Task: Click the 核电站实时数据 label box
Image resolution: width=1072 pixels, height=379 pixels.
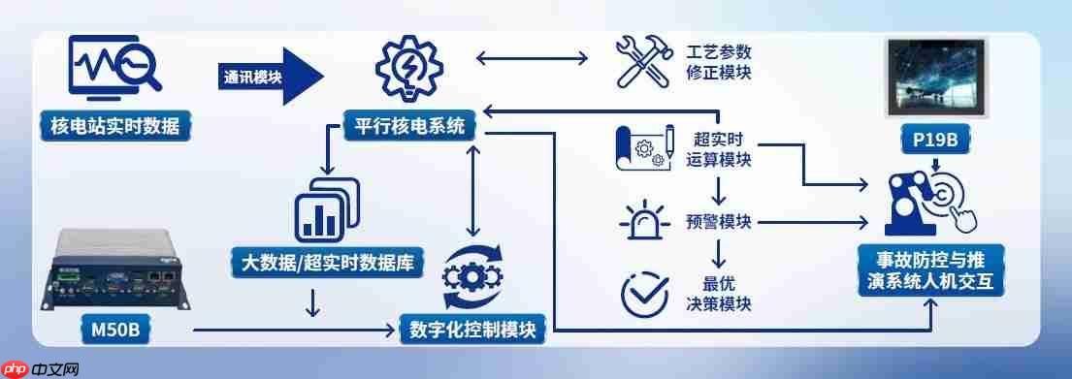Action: (x=114, y=125)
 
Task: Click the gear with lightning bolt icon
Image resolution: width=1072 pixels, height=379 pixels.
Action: (x=408, y=69)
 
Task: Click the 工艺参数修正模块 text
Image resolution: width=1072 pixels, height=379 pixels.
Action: (x=719, y=61)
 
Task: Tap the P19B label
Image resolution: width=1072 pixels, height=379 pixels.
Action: (x=935, y=141)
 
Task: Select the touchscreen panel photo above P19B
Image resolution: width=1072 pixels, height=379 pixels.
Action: (x=936, y=77)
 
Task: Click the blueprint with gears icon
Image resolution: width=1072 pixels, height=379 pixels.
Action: (x=644, y=147)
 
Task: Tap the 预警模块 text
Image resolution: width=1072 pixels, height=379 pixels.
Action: (x=719, y=221)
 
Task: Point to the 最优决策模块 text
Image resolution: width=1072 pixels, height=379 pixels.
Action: (x=719, y=294)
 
